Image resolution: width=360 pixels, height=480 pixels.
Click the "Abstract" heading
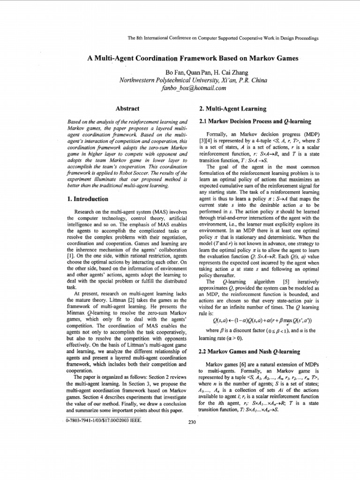127,109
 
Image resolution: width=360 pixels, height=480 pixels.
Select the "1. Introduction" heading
88,199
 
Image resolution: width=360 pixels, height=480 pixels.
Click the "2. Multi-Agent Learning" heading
232,109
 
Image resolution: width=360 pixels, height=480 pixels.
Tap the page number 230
191,422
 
